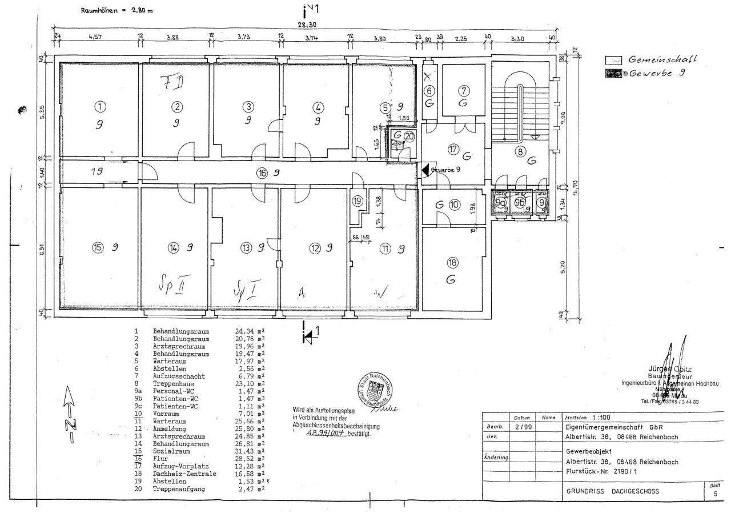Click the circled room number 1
[100, 106]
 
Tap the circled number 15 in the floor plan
[98, 247]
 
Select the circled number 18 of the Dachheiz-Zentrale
[452, 263]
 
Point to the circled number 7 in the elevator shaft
[464, 90]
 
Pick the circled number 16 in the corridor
[262, 173]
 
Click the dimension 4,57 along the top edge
[95, 37]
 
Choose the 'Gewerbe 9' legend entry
[656, 73]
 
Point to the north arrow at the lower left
[69, 414]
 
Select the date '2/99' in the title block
[521, 427]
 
